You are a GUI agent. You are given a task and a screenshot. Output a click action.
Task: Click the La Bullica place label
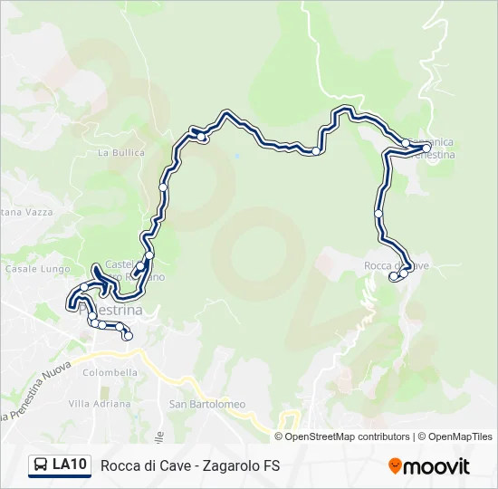point(121,153)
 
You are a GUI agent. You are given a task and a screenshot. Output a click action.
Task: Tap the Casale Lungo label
point(25,269)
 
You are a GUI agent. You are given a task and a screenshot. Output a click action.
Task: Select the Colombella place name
point(110,372)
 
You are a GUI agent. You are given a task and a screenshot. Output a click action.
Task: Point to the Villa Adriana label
point(100,404)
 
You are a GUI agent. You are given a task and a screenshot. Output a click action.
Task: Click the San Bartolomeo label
point(207,404)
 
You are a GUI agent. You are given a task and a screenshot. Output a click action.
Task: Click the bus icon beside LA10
point(41,465)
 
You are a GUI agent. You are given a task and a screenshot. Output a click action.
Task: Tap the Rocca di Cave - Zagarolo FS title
point(190,466)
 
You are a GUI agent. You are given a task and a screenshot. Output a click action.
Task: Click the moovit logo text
point(436,466)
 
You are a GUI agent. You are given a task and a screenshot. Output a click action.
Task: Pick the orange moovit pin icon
point(395,466)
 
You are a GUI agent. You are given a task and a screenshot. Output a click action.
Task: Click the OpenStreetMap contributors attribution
point(342,436)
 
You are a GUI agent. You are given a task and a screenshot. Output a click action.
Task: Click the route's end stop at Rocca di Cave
point(393,278)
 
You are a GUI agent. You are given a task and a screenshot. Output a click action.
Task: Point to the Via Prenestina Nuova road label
point(34,390)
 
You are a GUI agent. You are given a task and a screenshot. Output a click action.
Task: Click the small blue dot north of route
point(237,155)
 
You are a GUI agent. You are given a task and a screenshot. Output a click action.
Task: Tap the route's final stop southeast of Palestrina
point(128,336)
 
